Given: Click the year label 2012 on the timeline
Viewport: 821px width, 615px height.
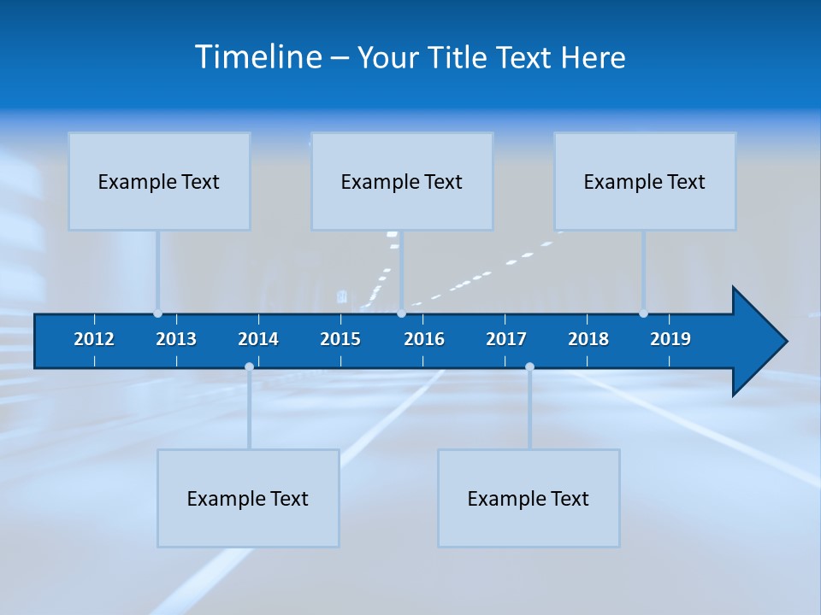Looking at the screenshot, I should click(94, 339).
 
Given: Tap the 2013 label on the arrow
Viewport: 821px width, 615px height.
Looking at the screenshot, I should click(176, 339).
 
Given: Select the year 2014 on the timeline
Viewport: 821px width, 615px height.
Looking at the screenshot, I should click(258, 339).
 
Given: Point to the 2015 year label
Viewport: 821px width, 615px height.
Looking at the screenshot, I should click(340, 339).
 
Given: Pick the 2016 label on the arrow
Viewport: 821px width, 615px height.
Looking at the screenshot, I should click(424, 339).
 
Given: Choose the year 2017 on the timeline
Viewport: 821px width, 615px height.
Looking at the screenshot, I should click(506, 339).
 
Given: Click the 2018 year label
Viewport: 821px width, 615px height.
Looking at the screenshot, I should click(588, 339).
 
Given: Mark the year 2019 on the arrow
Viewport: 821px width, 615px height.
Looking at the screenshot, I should click(670, 339).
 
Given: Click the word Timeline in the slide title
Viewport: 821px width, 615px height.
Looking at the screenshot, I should click(257, 57).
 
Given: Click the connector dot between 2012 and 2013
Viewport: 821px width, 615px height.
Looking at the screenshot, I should click(157, 313).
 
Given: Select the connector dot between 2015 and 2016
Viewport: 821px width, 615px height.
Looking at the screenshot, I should click(401, 313).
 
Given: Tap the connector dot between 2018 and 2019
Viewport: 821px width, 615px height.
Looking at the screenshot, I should click(643, 313).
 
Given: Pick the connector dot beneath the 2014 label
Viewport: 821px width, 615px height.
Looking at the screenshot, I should click(249, 366).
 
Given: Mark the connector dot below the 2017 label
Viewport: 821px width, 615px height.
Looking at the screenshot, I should click(529, 366).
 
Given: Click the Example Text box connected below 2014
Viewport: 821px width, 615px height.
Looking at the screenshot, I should click(248, 498).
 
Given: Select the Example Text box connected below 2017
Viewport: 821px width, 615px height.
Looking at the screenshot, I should click(529, 498).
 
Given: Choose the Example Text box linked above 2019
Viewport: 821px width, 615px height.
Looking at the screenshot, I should click(645, 181).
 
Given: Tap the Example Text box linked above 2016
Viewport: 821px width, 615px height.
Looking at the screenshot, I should click(402, 181).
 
